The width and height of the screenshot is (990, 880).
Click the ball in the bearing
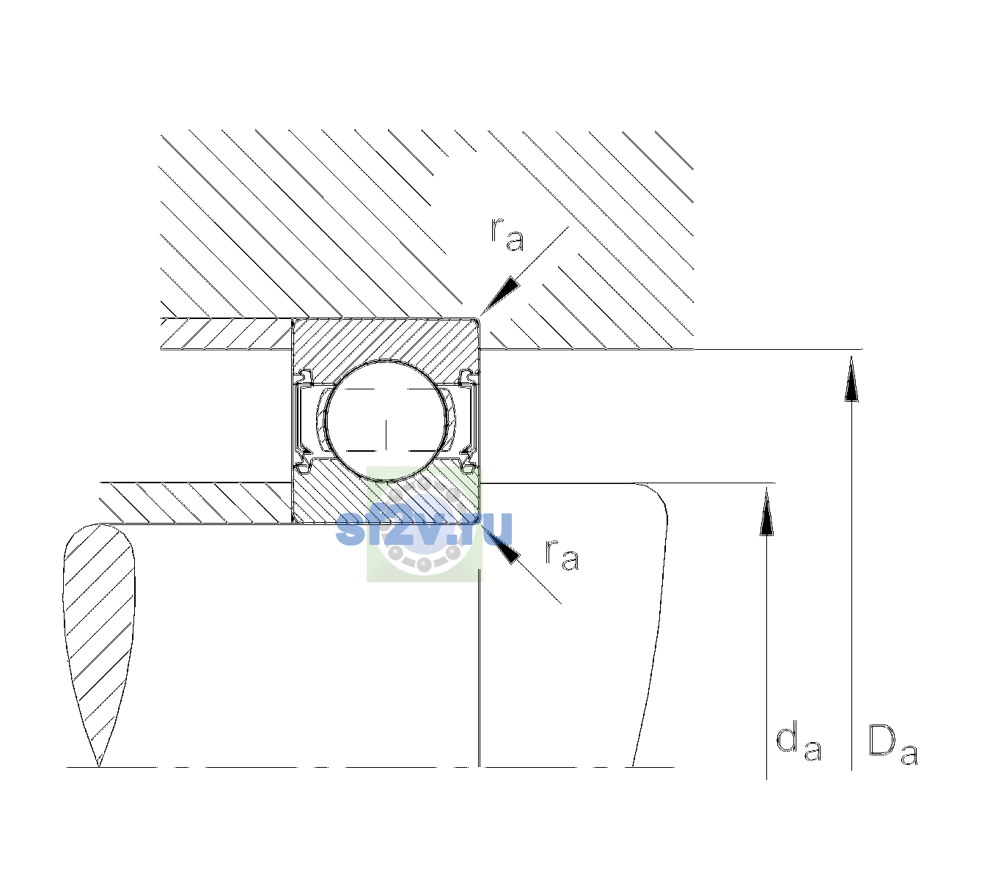coord(386,420)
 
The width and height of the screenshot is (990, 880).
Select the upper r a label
coord(507,235)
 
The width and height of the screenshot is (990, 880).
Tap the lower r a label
coord(562,554)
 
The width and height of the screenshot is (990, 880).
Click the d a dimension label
coord(799,740)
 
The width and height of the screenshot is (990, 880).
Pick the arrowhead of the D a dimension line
coord(851,378)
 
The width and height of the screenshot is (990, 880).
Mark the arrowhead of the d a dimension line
coord(766,511)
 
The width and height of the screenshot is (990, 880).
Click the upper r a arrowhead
coord(500,296)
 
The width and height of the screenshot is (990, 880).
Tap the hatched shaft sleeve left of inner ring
coord(196,503)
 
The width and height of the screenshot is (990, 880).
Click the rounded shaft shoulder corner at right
coord(655,499)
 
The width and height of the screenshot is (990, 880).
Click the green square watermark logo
coord(424,524)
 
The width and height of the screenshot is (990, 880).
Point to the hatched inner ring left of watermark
coord(327,494)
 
